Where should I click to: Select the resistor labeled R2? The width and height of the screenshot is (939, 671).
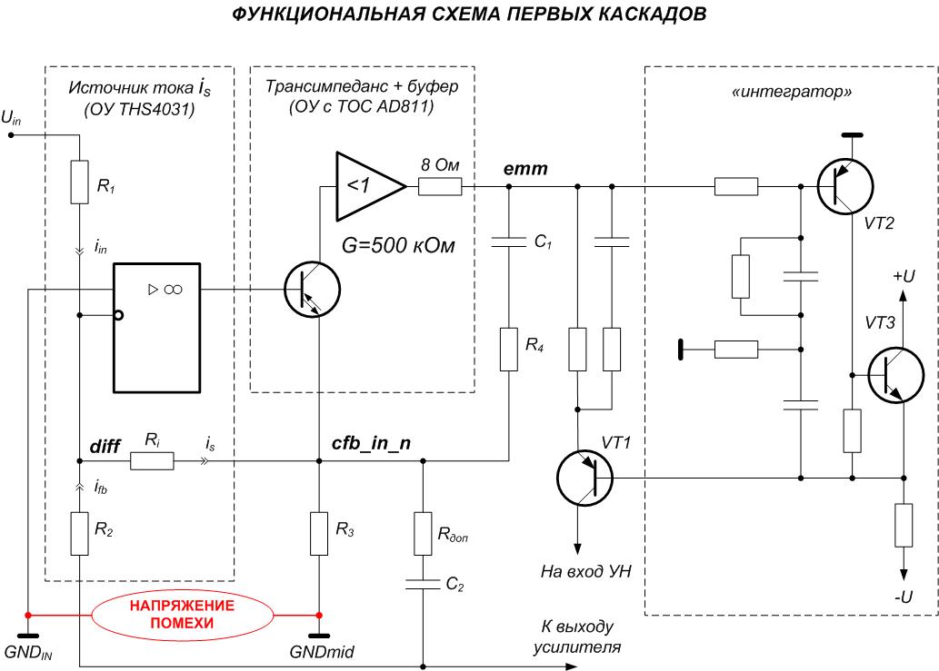click(80, 534)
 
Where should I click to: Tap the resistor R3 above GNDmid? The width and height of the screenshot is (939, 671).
click(318, 534)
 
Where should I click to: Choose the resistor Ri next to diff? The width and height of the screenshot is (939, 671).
click(152, 461)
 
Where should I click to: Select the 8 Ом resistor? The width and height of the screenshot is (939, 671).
click(440, 188)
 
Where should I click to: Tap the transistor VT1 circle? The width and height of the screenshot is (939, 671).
click(584, 477)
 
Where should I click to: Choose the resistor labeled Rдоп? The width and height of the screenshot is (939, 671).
click(423, 534)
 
